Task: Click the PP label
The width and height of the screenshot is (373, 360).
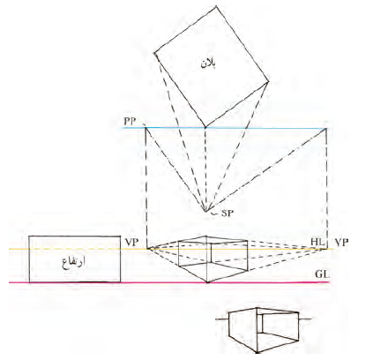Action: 130,122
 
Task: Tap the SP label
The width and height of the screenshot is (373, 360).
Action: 228,213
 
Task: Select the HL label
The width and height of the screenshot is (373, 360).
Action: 317,243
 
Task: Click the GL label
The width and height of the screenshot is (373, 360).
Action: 322,274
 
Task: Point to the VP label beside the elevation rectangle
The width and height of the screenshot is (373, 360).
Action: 131,243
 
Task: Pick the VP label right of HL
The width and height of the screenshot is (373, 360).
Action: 341,243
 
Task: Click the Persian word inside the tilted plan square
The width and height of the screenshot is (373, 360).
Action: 208,64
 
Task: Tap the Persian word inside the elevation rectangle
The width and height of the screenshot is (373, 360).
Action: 74,261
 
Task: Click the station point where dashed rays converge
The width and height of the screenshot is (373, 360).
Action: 206,211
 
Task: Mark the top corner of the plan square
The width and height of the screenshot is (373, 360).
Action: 216,6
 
